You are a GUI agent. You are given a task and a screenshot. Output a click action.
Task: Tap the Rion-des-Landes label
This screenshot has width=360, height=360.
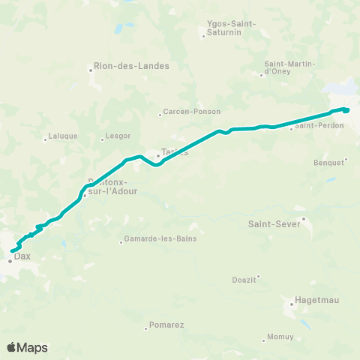pyautogui.click(x=132, y=65)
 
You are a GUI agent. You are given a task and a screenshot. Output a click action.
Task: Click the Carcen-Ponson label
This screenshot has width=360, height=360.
pyautogui.click(x=193, y=112)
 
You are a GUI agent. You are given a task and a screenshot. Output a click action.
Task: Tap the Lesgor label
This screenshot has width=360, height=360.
pyautogui.click(x=118, y=136)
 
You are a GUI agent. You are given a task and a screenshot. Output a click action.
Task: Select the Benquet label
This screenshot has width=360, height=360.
pyautogui.click(x=328, y=161)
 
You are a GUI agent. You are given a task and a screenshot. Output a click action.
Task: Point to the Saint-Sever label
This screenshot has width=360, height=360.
pyautogui.click(x=274, y=223)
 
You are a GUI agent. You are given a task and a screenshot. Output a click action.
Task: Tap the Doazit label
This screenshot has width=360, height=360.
pyautogui.click(x=244, y=280)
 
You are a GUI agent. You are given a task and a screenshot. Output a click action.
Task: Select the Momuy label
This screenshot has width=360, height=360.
pyautogui.click(x=280, y=337)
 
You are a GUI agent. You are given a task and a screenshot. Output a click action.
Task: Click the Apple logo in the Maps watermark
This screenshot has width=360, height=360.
pyautogui.click(x=12, y=346)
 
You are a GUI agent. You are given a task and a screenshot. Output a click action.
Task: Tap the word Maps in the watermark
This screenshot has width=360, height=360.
pyautogui.click(x=33, y=347)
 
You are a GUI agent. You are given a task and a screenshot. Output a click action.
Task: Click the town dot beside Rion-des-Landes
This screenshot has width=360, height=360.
pyautogui.click(x=91, y=70)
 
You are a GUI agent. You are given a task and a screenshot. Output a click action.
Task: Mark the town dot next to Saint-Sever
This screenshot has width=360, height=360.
pyautogui.click(x=304, y=219)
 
